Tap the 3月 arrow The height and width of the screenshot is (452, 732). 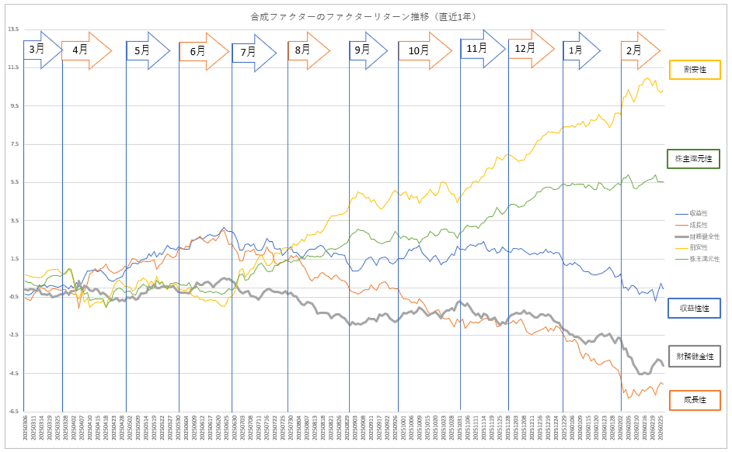(x=39, y=49)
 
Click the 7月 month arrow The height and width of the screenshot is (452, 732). (x=252, y=52)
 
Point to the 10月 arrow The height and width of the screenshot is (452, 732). (x=422, y=50)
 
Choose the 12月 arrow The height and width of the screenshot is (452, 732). (x=528, y=48)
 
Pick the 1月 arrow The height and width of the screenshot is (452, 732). (x=579, y=50)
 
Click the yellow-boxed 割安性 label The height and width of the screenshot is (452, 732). (x=695, y=70)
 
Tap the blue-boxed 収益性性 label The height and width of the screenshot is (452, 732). (x=694, y=308)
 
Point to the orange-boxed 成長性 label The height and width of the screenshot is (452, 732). (x=694, y=400)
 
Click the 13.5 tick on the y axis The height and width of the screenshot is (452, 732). (x=12, y=29)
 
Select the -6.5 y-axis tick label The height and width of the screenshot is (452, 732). (x=12, y=412)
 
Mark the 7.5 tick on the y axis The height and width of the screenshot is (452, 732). (x=12, y=144)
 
